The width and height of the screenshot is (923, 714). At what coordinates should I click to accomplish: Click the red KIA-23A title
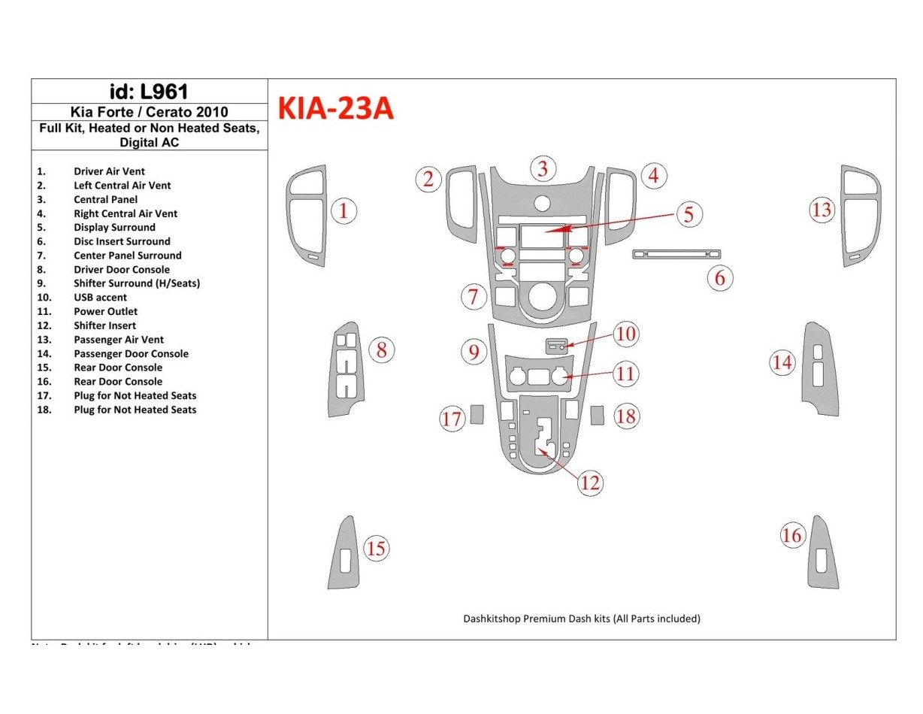[x=335, y=109]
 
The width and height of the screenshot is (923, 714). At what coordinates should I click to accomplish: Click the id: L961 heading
[x=149, y=92]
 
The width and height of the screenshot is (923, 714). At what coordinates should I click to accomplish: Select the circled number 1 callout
[x=343, y=211]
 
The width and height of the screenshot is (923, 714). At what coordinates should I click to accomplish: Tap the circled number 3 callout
[x=542, y=168]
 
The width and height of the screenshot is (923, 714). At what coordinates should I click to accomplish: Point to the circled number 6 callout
[x=719, y=278]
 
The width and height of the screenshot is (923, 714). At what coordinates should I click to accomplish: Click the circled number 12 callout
[x=590, y=483]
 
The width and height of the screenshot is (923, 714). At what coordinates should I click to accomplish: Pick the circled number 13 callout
[x=822, y=210]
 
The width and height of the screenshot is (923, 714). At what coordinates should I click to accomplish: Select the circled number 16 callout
[x=791, y=535]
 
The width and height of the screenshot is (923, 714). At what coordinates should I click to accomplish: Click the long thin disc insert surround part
[x=676, y=254]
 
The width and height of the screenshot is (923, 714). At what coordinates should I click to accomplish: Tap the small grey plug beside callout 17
[x=477, y=414]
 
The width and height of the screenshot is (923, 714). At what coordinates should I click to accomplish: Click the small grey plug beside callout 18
[x=598, y=415]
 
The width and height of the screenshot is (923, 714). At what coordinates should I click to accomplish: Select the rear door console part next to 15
[x=343, y=554]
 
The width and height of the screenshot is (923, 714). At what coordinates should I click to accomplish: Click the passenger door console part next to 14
[x=822, y=368]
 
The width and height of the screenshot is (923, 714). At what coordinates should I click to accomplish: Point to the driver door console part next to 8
[x=345, y=368]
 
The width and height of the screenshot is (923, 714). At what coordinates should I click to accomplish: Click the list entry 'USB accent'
[x=100, y=298]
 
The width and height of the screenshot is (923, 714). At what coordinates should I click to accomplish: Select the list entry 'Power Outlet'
[x=105, y=311]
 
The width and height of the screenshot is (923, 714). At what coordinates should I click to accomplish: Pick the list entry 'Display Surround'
[x=114, y=227]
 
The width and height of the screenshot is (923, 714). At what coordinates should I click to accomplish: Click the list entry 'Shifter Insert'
[x=104, y=325]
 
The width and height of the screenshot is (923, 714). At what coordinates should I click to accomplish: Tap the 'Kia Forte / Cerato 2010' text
[x=149, y=112]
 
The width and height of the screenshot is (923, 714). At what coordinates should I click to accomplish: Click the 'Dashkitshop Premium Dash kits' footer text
[x=581, y=619]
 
